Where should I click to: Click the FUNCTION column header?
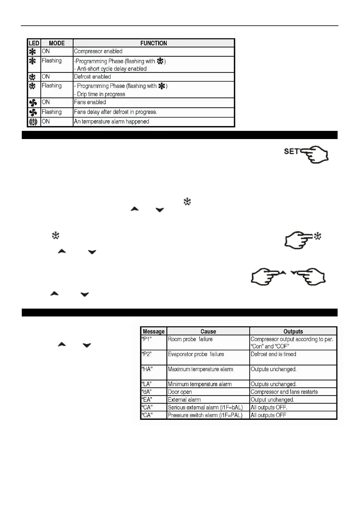click(153, 43)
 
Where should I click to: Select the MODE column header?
click(57, 43)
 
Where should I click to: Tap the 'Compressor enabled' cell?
click(98, 51)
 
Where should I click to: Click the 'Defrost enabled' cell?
click(93, 77)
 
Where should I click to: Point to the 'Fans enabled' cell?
click(90, 102)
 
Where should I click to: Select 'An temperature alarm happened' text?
click(112, 122)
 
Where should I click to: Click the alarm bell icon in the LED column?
click(33, 122)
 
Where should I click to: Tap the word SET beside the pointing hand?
click(291, 151)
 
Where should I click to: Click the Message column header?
click(154, 331)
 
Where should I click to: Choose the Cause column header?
click(208, 331)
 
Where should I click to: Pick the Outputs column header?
click(293, 331)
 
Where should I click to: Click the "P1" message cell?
click(147, 339)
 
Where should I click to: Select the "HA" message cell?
click(147, 369)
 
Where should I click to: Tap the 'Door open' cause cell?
click(180, 392)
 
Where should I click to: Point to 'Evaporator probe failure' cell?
click(196, 354)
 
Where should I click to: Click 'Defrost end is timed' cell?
click(273, 354)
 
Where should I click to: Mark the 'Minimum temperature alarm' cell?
click(200, 384)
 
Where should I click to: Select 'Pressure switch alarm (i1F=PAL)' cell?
click(205, 415)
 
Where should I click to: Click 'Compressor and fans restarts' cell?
click(284, 392)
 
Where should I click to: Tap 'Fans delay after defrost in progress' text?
click(115, 112)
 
